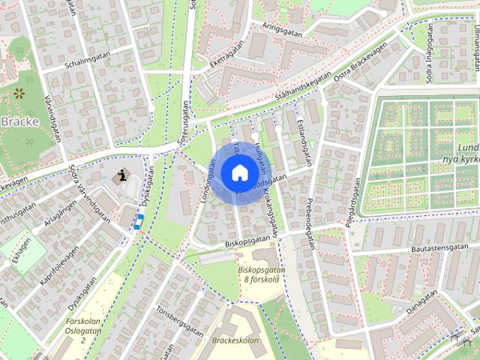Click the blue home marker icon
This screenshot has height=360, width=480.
point(238,172)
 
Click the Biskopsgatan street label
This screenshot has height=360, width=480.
point(247,240)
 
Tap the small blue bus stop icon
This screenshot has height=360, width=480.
point(139,220)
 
